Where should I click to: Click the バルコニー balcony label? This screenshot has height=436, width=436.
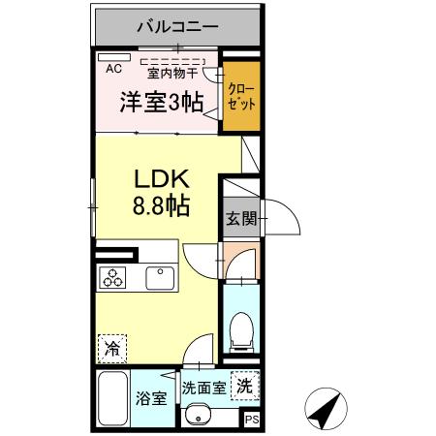click(x=176, y=26)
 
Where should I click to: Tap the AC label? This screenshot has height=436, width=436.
click(x=113, y=68)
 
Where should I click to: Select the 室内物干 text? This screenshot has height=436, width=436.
click(x=172, y=71)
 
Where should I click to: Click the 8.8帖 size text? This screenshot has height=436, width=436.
click(x=161, y=206)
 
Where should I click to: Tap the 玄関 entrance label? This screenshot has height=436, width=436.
click(x=241, y=219)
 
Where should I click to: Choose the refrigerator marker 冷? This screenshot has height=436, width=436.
click(x=112, y=345)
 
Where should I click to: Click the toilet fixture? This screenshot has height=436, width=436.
click(x=240, y=330)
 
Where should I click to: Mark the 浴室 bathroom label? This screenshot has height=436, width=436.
click(x=150, y=397)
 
